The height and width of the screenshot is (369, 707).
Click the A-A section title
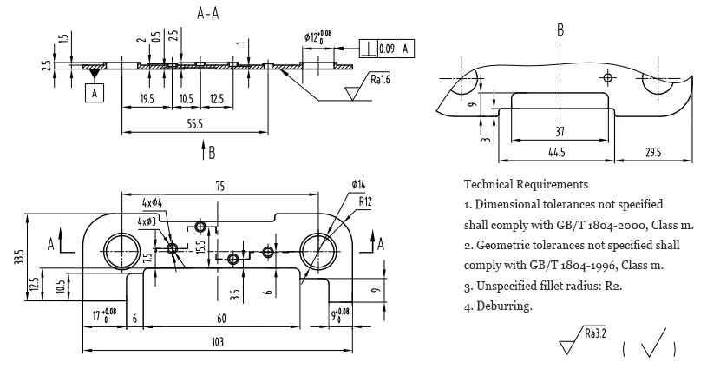click(x=208, y=12)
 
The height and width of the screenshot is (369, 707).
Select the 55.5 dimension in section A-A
click(x=194, y=125)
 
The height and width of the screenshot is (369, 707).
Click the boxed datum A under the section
click(x=93, y=91)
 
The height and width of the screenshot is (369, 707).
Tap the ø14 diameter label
click(x=358, y=184)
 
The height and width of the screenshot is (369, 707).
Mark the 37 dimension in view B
click(x=559, y=131)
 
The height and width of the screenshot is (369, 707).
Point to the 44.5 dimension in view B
click(x=556, y=153)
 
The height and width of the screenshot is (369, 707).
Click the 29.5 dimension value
click(x=653, y=153)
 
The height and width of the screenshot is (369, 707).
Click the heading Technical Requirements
click(x=526, y=185)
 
